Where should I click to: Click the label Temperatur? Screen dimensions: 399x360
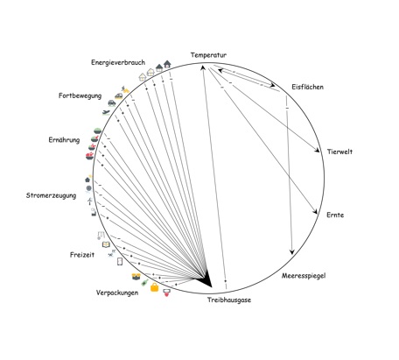pyautogui.click(x=208, y=55)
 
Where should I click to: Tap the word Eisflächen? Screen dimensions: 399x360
pyautogui.click(x=307, y=87)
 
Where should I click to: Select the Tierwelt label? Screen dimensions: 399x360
pyautogui.click(x=339, y=152)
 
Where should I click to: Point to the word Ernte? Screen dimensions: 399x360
pyautogui.click(x=335, y=215)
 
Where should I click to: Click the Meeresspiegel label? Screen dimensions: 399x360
pyautogui.click(x=304, y=276)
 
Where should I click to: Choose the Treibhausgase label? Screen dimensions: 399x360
pyautogui.click(x=229, y=300)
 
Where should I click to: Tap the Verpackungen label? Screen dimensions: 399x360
pyautogui.click(x=117, y=293)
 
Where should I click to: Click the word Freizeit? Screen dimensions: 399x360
pyautogui.click(x=82, y=255)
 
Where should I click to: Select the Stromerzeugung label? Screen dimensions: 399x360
pyautogui.click(x=51, y=195)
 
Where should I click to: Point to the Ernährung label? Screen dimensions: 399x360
pyautogui.click(x=64, y=140)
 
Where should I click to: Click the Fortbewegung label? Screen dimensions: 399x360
pyautogui.click(x=80, y=95)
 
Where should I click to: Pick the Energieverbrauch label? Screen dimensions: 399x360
pyautogui.click(x=118, y=62)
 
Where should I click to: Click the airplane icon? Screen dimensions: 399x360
pyautogui.click(x=106, y=112)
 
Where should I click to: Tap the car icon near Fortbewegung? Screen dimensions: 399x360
pyautogui.click(x=112, y=102)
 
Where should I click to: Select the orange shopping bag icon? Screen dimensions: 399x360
pyautogui.click(x=155, y=287)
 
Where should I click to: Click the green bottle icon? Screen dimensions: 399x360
pyautogui.click(x=144, y=283)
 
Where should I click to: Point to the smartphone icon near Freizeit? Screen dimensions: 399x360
pyautogui.click(x=120, y=262)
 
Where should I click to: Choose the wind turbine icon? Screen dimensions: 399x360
pyautogui.click(x=90, y=201)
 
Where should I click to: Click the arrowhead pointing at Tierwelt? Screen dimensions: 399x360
pyautogui.click(x=317, y=150)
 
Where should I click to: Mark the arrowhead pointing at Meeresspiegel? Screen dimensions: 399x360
pyautogui.click(x=291, y=251)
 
